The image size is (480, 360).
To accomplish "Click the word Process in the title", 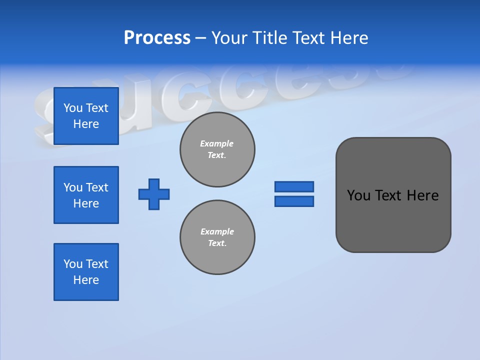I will point(157,38).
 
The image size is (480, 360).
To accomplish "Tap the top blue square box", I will point(86,116).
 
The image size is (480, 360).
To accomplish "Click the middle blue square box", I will point(86,195).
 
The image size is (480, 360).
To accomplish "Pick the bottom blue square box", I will point(86,272).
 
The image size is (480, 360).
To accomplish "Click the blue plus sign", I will point(154,194).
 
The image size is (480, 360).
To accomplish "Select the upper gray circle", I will point(217,149).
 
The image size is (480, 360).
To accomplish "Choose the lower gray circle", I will point(217,237).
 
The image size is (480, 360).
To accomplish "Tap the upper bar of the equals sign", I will point(294,186).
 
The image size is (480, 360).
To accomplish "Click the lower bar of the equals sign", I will point(294,201).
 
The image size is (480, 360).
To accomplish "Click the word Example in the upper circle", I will point(217,143).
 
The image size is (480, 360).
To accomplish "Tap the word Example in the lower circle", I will point(217,231).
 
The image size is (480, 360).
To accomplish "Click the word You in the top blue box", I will point(73,108).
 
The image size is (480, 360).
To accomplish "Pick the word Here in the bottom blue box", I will point(86,280).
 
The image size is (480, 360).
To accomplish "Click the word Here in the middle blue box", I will point(86,203).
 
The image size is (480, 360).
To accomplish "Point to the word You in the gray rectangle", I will point(358,195).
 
